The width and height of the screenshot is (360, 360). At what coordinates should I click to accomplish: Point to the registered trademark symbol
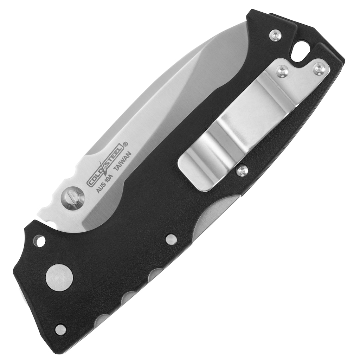[126, 144]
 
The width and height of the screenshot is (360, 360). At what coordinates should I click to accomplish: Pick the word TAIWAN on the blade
[123, 161]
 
